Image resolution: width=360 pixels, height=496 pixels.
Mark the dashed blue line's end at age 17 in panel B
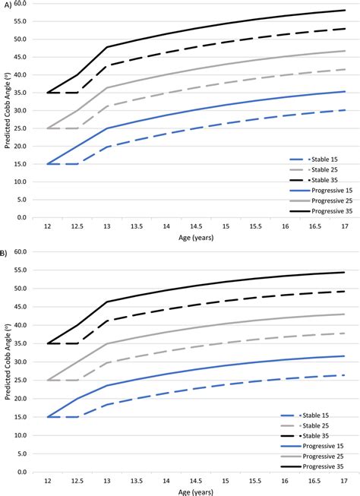pos(346,375)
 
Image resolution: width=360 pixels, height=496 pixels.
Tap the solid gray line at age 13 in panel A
pos(106,88)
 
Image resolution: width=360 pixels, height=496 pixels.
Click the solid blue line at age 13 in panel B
pos(106,385)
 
